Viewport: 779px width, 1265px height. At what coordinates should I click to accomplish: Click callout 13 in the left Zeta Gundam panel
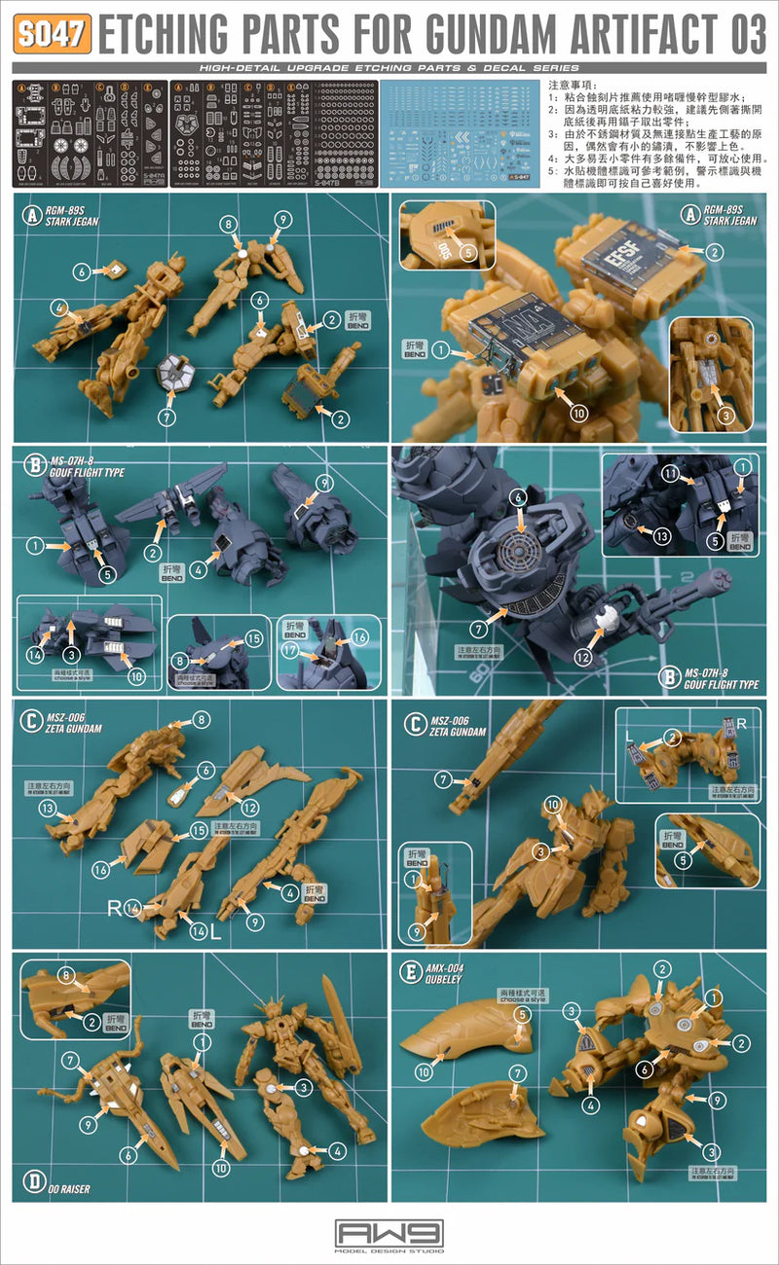coord(46,808)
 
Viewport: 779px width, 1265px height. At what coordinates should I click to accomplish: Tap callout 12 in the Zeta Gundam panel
coord(250,807)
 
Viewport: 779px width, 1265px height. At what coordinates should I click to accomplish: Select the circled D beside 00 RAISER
coord(35,1183)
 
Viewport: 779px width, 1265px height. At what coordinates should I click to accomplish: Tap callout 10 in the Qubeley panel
coord(424,1071)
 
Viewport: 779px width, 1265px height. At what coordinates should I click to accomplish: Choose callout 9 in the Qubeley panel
coord(718,1100)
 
